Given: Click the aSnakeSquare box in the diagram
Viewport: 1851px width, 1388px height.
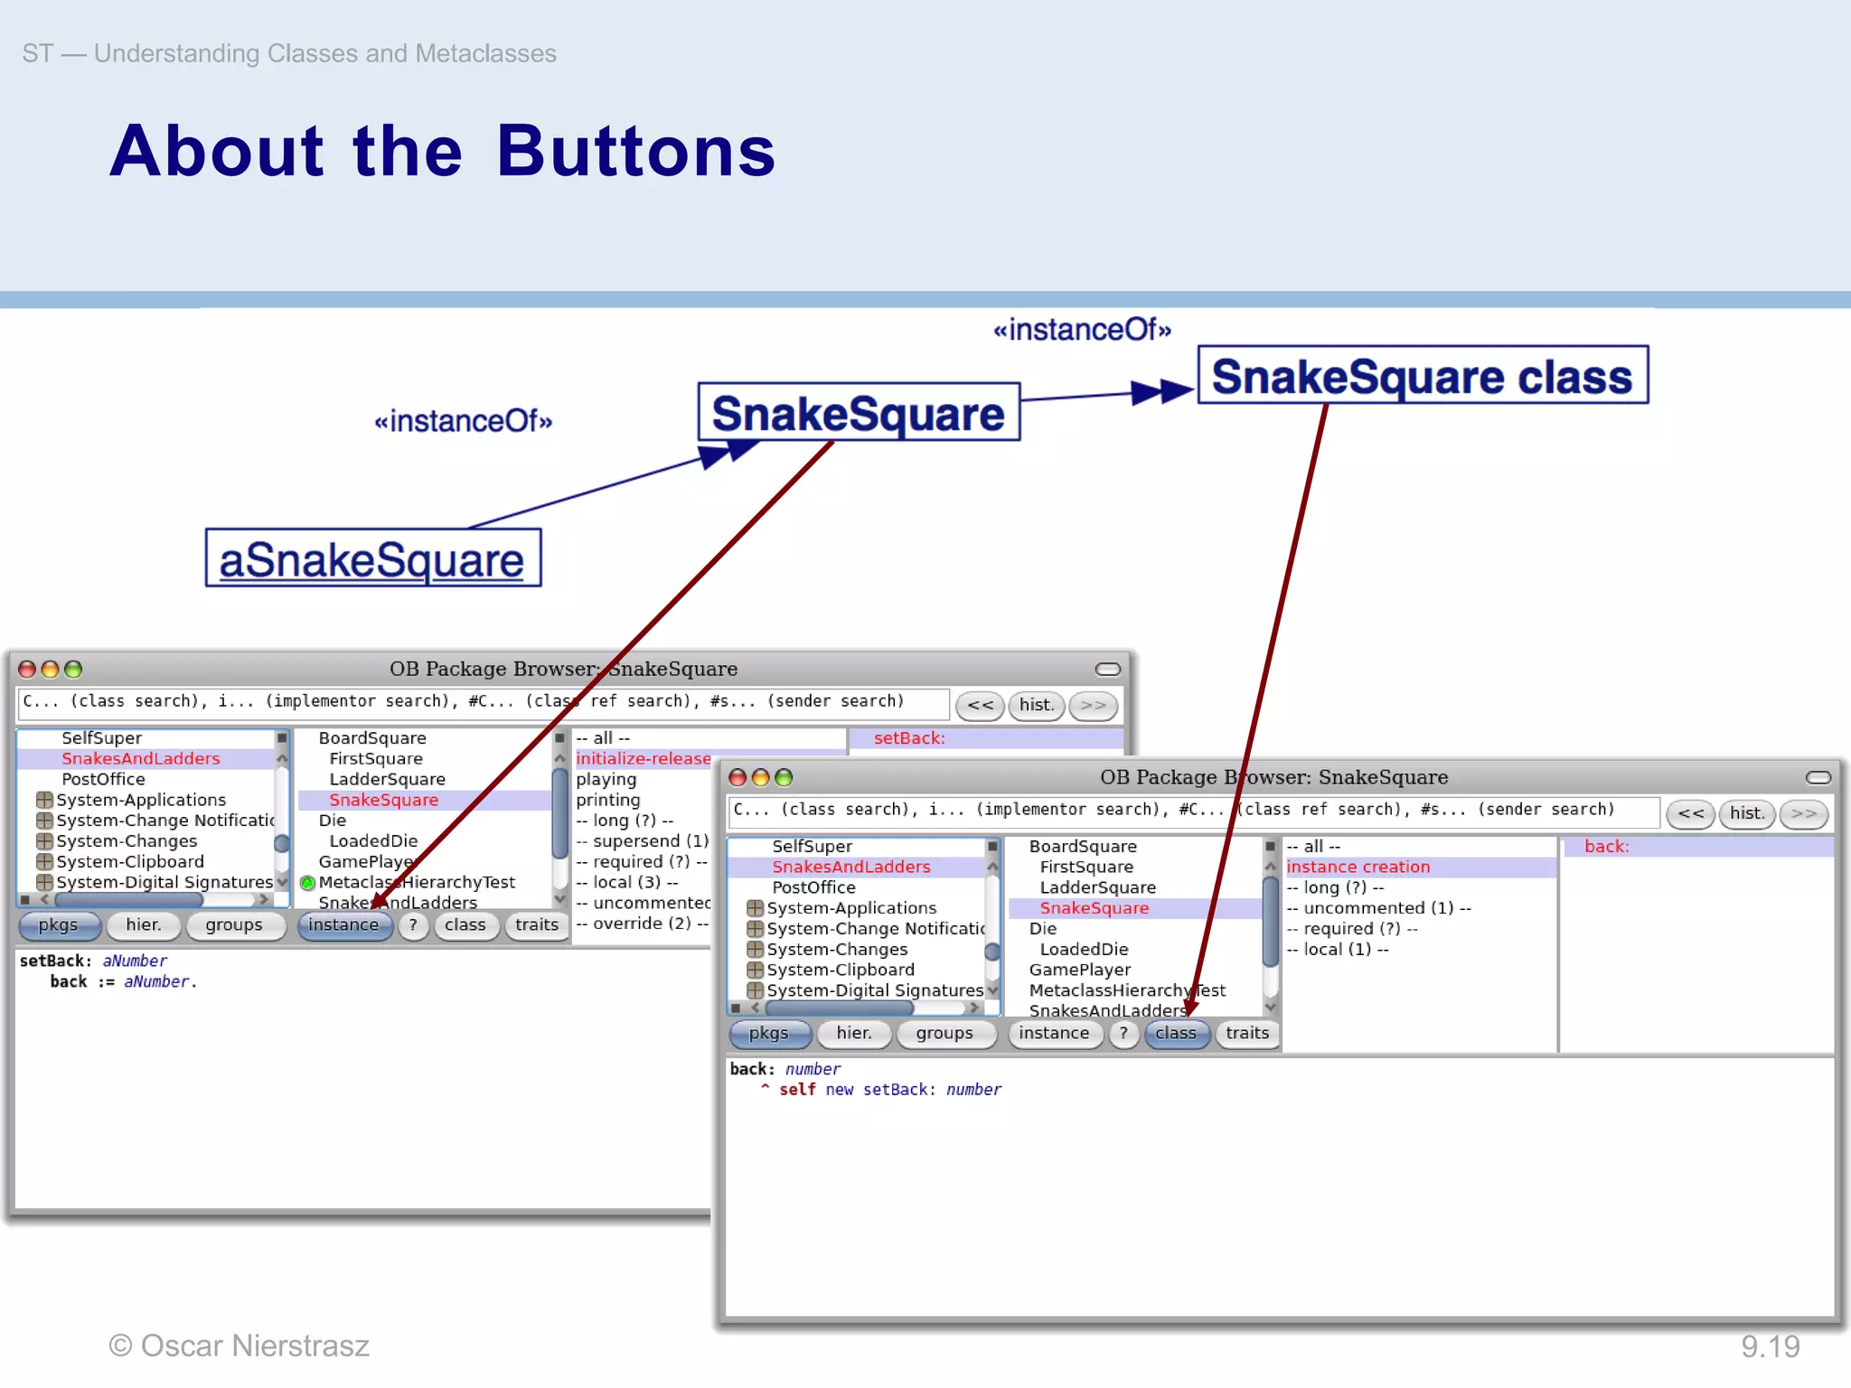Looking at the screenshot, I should point(372,558).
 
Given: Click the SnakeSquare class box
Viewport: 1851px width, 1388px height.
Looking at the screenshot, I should point(1422,375).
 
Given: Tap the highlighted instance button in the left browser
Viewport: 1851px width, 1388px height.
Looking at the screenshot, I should point(343,924).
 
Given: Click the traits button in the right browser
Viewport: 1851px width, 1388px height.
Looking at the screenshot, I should point(1246,1033).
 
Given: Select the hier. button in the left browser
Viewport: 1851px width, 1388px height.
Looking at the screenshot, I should point(143,924).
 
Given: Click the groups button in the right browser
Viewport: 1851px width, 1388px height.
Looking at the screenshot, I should point(944,1033).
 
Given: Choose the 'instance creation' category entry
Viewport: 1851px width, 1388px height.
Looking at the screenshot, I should point(1358,867).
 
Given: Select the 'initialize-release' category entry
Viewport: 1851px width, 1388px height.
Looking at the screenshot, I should point(643,758).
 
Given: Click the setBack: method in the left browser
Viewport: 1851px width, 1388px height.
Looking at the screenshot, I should point(908,738).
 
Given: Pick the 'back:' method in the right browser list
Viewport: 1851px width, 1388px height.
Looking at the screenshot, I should point(1606,847).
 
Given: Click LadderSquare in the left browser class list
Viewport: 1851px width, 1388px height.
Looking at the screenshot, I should point(387,779).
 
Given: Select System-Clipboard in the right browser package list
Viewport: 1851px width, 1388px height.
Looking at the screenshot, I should point(840,970).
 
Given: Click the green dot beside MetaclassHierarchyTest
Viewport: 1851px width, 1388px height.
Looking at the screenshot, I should point(307,883).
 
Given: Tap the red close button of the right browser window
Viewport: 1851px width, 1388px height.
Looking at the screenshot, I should point(738,777).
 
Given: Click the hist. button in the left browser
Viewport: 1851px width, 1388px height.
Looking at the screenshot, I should point(1036,705).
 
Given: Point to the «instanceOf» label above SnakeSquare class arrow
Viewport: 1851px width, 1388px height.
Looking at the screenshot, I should point(1081,330).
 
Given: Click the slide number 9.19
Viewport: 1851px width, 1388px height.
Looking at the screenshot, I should point(1770,1346).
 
